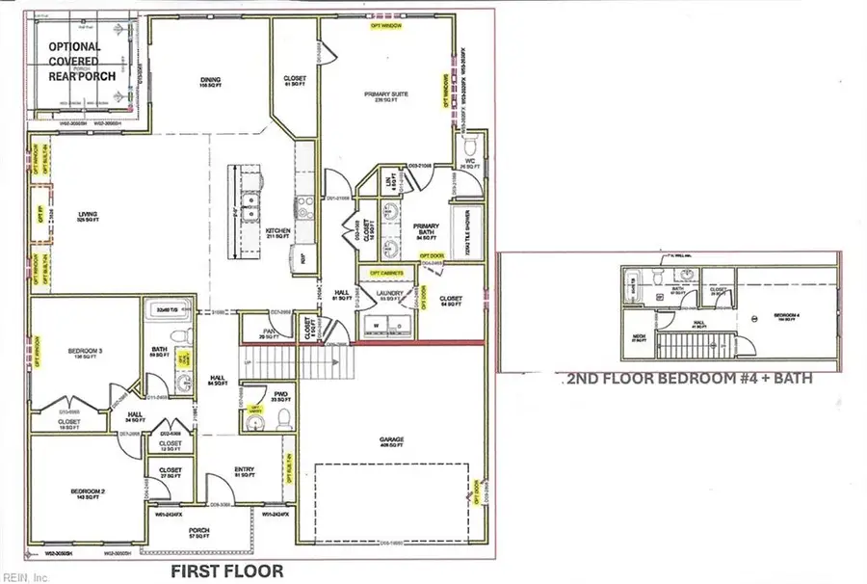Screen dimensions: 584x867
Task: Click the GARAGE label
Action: [x=390, y=440]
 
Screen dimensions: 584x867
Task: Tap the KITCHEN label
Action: [x=278, y=232]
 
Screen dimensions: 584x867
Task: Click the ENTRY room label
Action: [x=244, y=471]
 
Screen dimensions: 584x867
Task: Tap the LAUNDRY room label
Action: [x=391, y=297]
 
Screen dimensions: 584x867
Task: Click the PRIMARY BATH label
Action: [x=427, y=229]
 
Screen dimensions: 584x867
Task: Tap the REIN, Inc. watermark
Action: [x=24, y=577]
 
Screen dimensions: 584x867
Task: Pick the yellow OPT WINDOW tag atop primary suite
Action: [x=385, y=27]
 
